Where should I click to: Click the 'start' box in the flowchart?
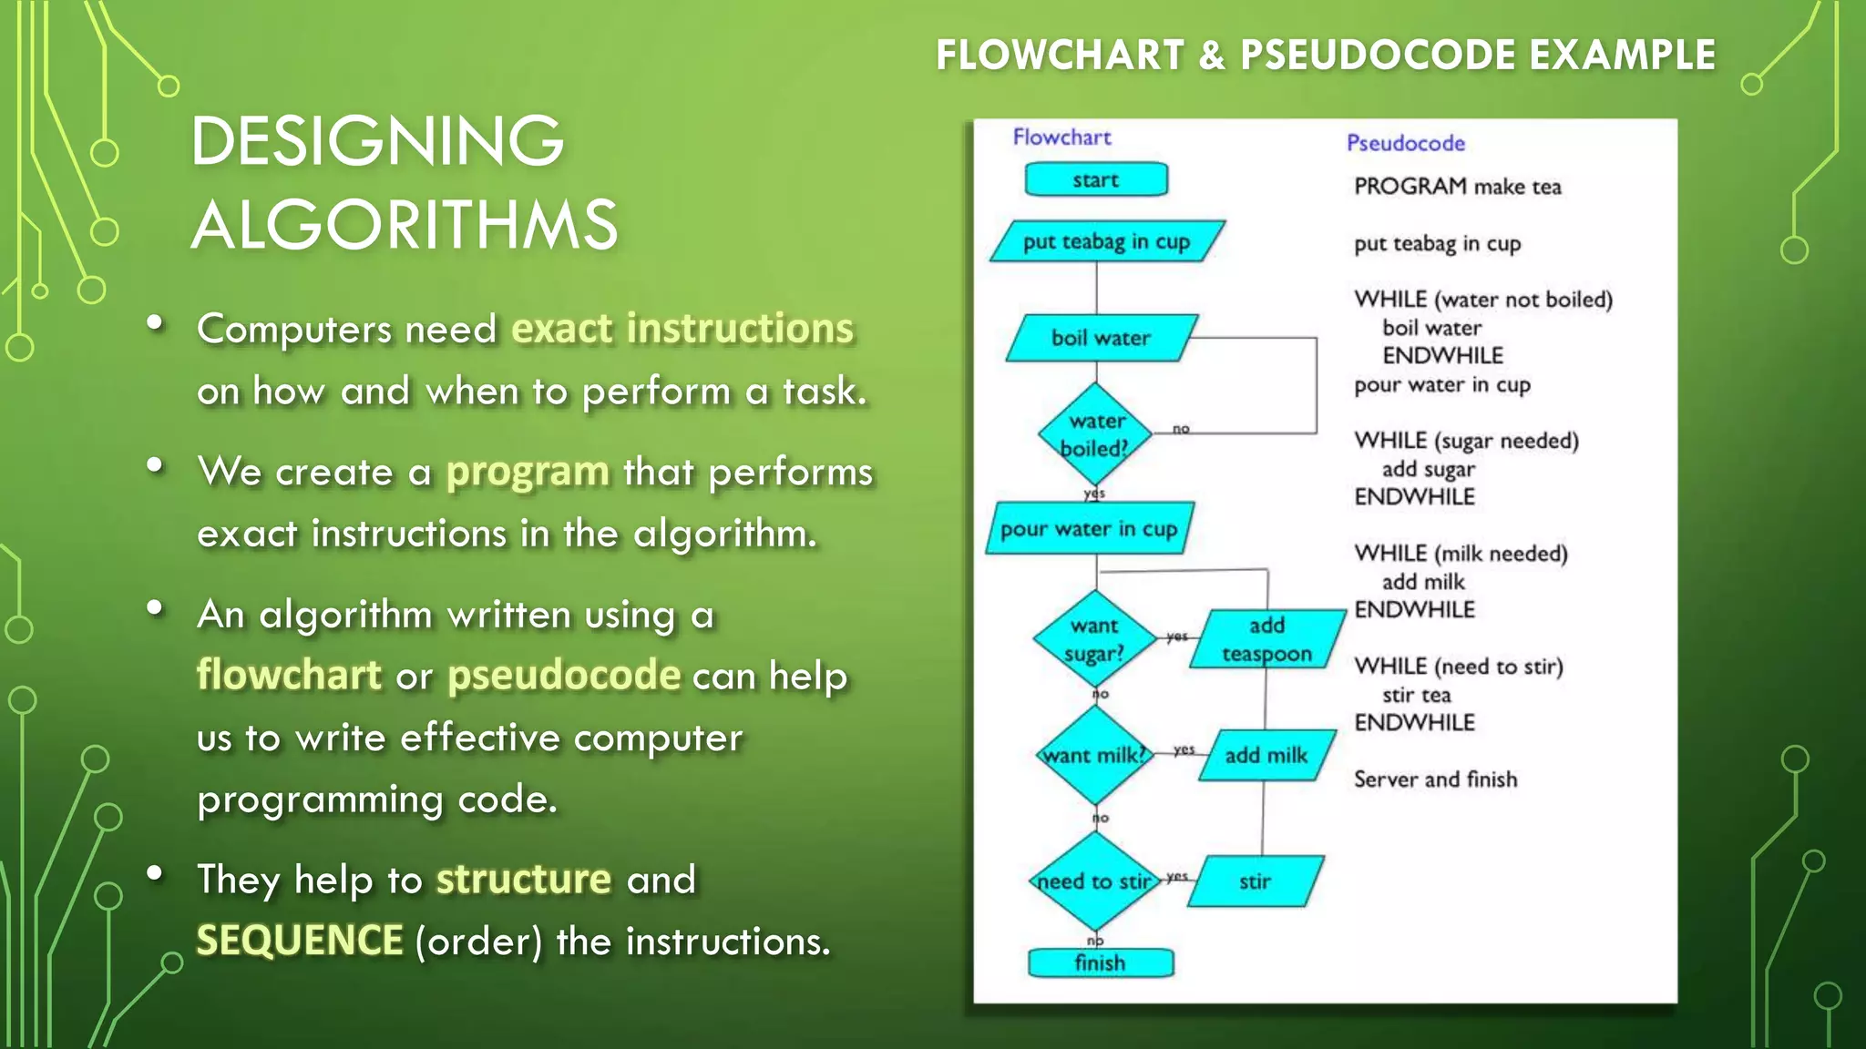coord(1096,179)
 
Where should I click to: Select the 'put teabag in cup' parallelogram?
coord(1106,241)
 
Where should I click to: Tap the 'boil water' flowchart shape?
coord(1101,338)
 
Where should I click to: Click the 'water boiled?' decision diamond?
coord(1095,434)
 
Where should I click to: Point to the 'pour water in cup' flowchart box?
coord(1089,528)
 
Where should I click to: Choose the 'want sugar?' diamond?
coord(1094,639)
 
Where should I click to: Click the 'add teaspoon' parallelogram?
coord(1266,639)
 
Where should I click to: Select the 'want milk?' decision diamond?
coord(1094,755)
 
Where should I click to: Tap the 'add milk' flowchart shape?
coord(1266,755)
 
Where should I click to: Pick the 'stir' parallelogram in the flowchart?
coord(1255,881)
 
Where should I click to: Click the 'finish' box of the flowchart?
coord(1100,962)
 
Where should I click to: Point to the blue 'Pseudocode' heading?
coord(1405,143)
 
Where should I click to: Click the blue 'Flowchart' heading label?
coord(1061,137)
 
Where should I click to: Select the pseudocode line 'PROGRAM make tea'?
coord(1457,187)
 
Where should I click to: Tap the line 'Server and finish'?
coord(1435,779)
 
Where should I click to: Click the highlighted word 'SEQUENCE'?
coord(300,941)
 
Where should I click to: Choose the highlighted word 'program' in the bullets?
coord(528,472)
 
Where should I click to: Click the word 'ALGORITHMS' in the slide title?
coord(405,225)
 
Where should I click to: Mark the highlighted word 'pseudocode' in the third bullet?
coord(564,676)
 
